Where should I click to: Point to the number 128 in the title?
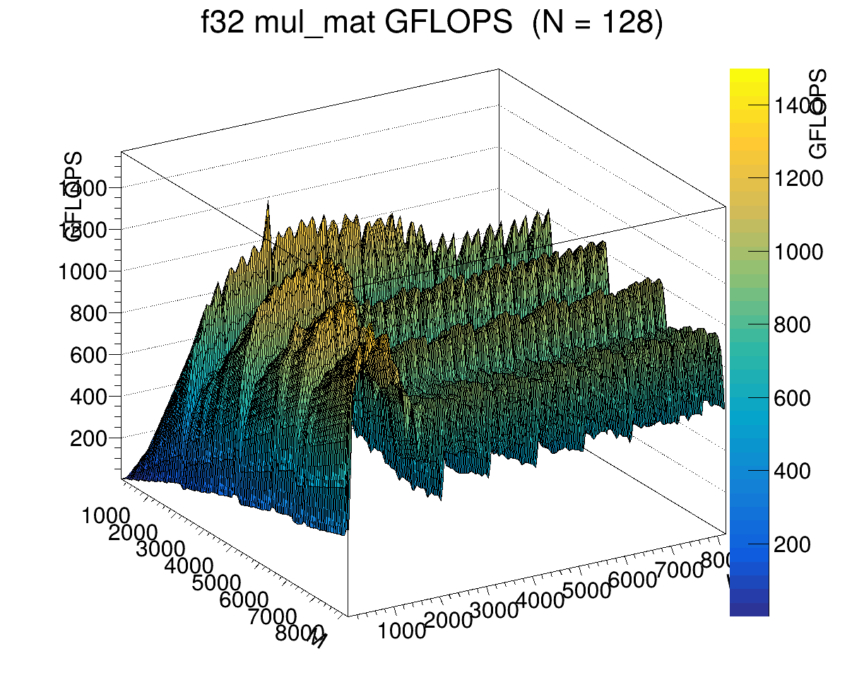(x=622, y=25)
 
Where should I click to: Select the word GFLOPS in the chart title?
(x=447, y=25)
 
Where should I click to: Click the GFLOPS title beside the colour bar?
(x=818, y=114)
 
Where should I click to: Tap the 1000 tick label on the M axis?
(x=106, y=516)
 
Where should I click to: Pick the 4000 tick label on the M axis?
(x=189, y=566)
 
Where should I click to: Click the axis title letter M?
(x=318, y=640)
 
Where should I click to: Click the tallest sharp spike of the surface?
(x=268, y=204)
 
